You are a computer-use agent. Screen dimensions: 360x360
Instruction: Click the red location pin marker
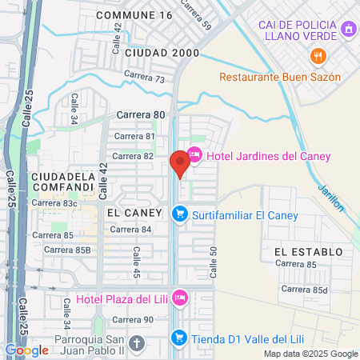click(x=180, y=163)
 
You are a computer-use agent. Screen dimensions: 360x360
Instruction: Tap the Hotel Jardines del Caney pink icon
click(x=194, y=155)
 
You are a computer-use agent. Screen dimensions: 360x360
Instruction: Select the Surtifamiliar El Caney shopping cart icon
click(x=180, y=214)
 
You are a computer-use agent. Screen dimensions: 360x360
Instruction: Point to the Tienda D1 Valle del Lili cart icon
click(x=180, y=338)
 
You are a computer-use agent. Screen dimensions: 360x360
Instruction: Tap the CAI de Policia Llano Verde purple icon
click(x=348, y=30)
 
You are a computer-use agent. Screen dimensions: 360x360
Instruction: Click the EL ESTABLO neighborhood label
click(x=308, y=252)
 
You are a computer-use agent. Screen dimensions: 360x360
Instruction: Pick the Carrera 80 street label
click(x=140, y=114)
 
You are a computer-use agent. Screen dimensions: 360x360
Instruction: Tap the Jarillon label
click(x=330, y=197)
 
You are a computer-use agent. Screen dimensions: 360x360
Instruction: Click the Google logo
click(x=26, y=350)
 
